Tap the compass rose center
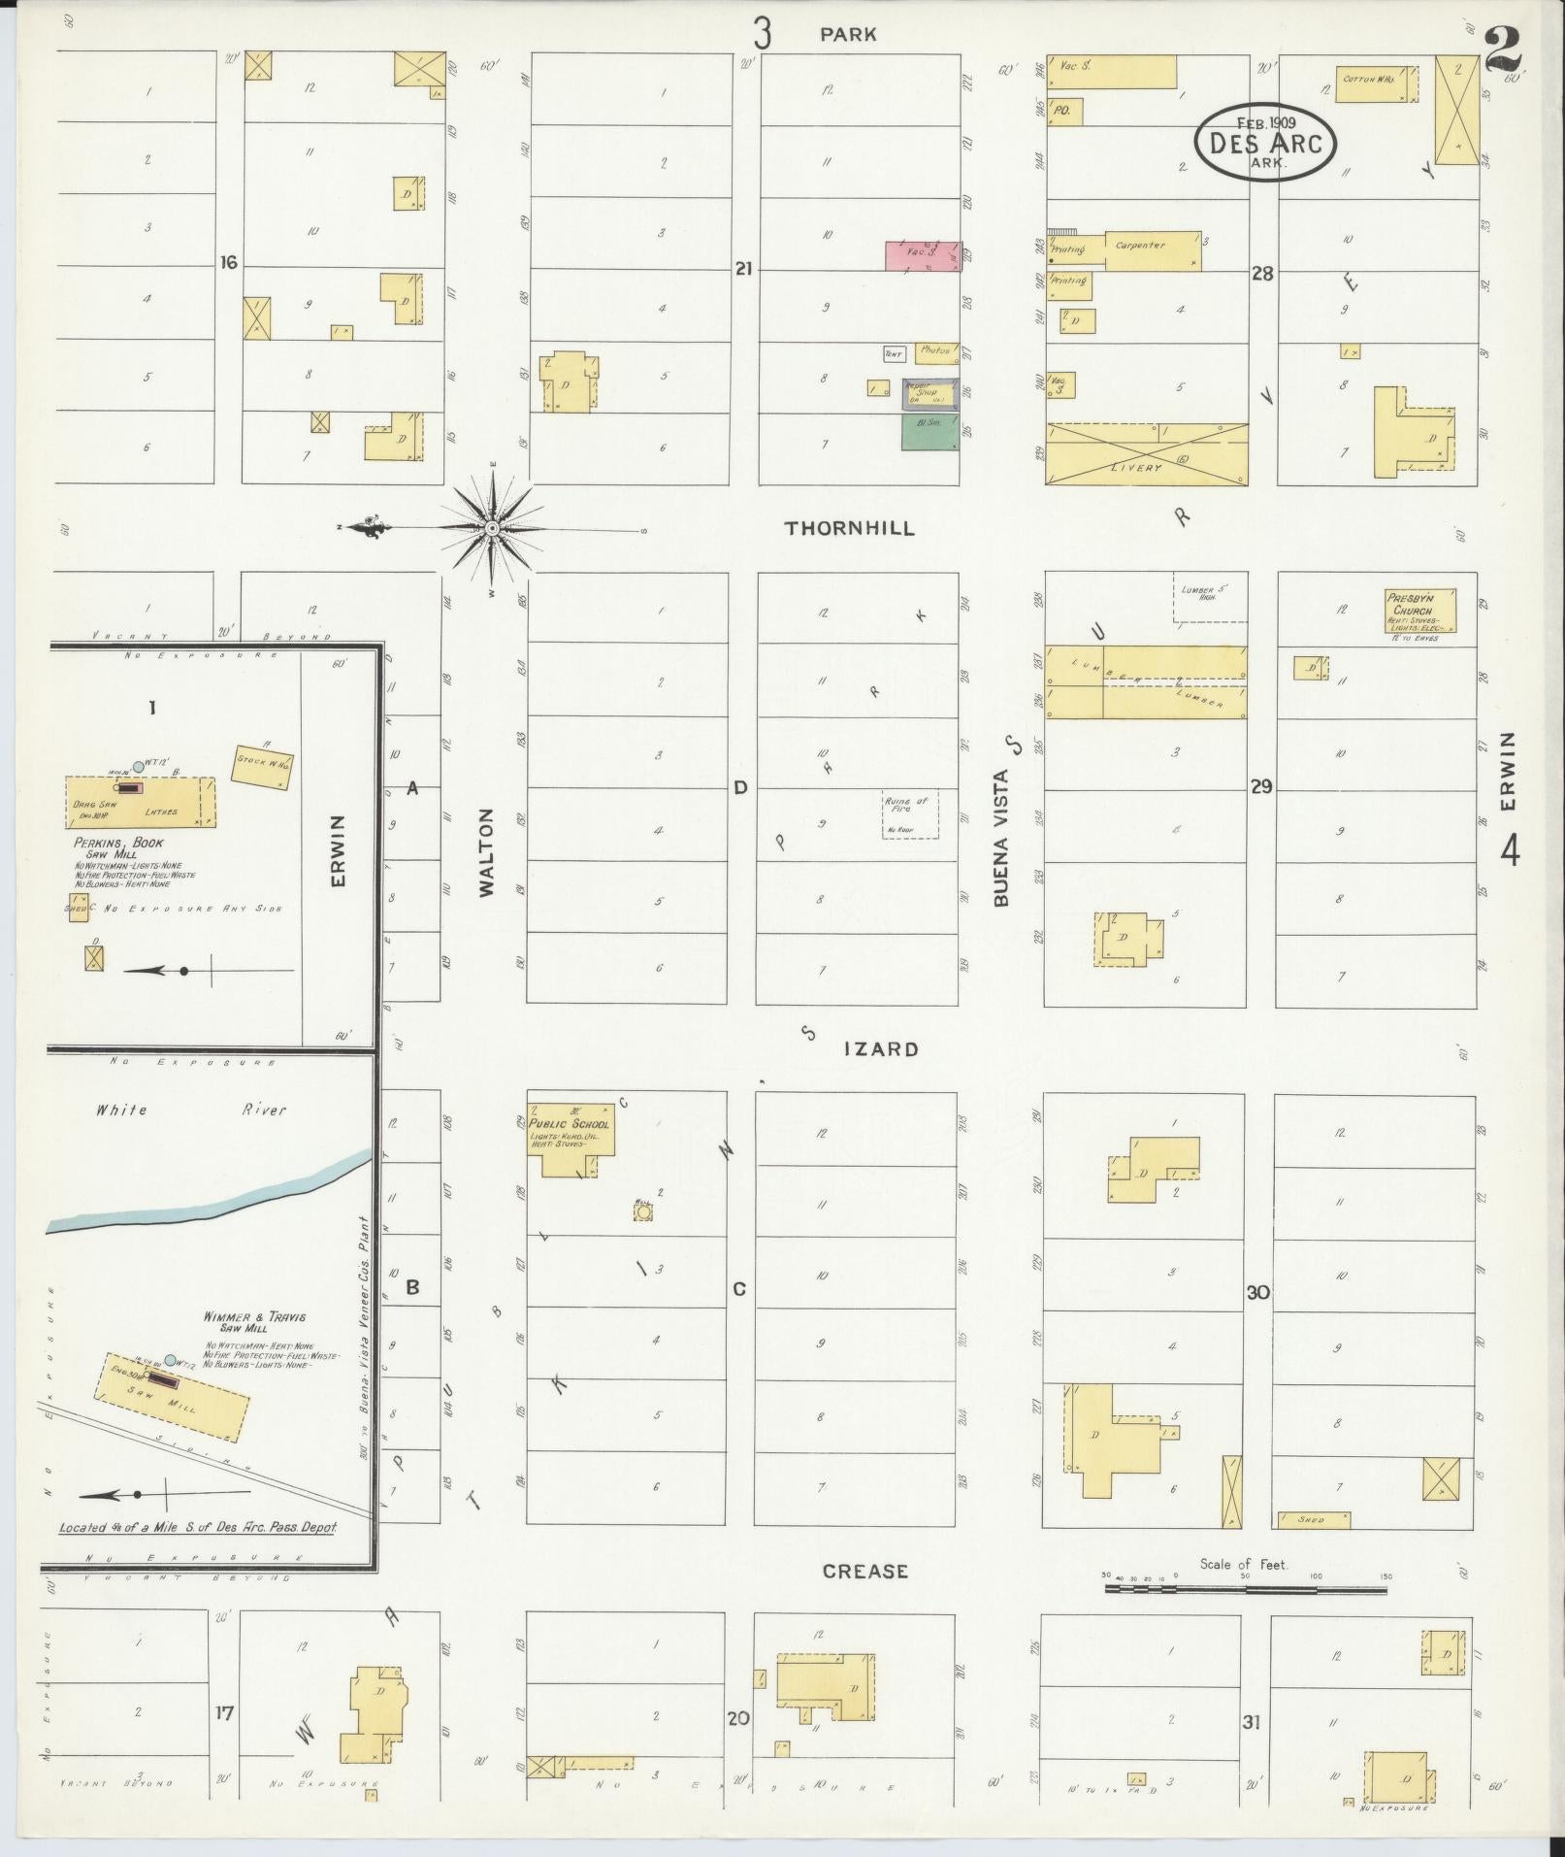[x=492, y=528]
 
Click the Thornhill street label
[x=850, y=528]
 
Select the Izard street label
[x=881, y=1049]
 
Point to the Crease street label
[x=864, y=1571]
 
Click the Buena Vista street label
[x=1002, y=838]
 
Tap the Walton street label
[x=487, y=851]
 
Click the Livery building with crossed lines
[x=1147, y=453]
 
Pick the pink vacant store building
[x=921, y=255]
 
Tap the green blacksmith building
[x=929, y=432]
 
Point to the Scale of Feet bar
[x=1245, y=1590]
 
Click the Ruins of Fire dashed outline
[x=910, y=814]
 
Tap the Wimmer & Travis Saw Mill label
[x=255, y=1321]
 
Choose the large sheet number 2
[x=1503, y=50]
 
